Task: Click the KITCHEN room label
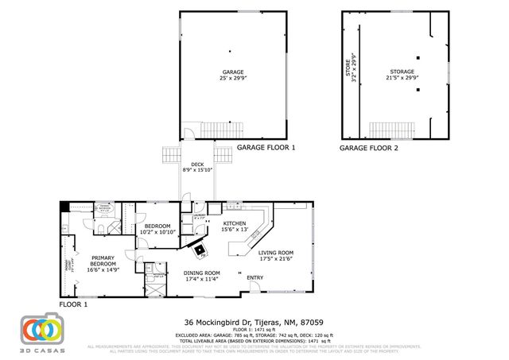pyautogui.click(x=234, y=223)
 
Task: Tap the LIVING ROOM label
pyautogui.click(x=276, y=254)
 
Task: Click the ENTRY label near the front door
pyautogui.click(x=255, y=277)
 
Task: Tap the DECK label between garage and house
pyautogui.click(x=197, y=165)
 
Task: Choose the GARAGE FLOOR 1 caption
pyautogui.click(x=266, y=148)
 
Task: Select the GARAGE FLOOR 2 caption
pyautogui.click(x=370, y=148)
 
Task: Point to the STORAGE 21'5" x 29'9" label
pyautogui.click(x=402, y=75)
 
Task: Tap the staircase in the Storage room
pyautogui.click(x=392, y=130)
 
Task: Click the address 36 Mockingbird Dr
pyautogui.click(x=254, y=322)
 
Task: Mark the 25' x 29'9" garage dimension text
pyautogui.click(x=232, y=78)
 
